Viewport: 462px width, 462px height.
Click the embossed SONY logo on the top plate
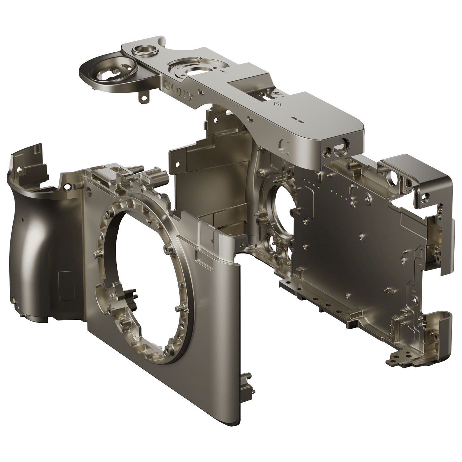point(179,91)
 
